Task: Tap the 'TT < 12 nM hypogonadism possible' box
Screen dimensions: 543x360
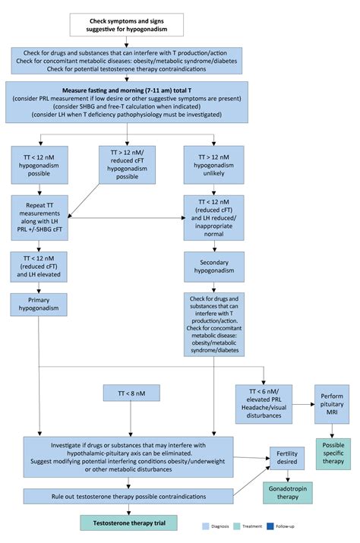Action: click(x=39, y=165)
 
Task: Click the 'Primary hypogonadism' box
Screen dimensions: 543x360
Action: click(x=39, y=305)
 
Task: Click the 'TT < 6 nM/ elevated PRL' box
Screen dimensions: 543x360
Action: click(x=263, y=404)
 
